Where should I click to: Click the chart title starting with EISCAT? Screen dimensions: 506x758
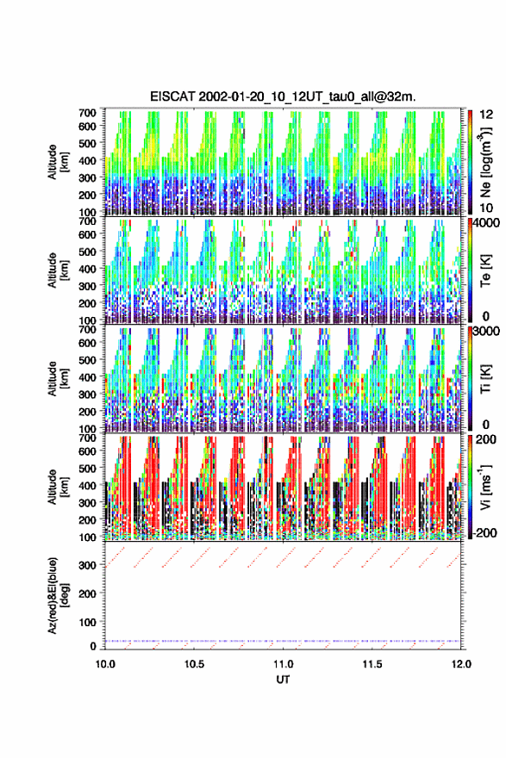(x=283, y=96)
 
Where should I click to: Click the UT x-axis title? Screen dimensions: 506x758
(x=283, y=680)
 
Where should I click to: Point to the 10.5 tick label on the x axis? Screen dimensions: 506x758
(x=194, y=664)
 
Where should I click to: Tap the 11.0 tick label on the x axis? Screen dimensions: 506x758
(x=283, y=664)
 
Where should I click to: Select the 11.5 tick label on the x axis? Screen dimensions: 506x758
(x=372, y=664)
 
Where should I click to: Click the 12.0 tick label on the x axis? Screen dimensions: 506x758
(x=461, y=664)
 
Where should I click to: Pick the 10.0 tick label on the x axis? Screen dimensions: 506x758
(x=105, y=664)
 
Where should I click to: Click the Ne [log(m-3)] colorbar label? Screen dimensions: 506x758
(x=485, y=163)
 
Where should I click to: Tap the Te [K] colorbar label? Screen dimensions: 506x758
(x=485, y=270)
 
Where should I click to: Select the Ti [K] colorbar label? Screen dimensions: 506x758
(x=485, y=378)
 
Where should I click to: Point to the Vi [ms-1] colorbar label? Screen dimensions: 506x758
(x=485, y=487)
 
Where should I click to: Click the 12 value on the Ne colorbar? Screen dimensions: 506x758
(x=487, y=115)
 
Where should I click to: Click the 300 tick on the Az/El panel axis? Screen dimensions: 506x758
(x=88, y=565)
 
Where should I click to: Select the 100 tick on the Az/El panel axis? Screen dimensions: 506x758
(x=88, y=622)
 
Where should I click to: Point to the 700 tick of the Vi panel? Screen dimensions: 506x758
(x=88, y=438)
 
